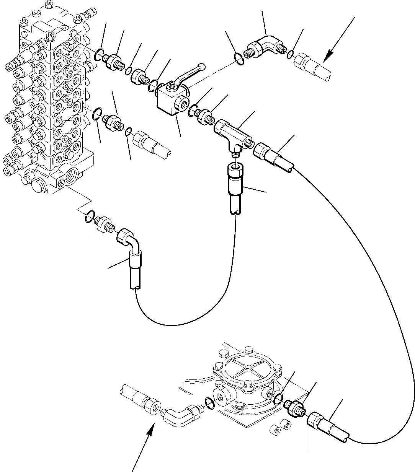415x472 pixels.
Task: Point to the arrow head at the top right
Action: pyautogui.click(x=326, y=57)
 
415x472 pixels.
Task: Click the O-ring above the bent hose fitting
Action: pyautogui.click(x=89, y=216)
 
